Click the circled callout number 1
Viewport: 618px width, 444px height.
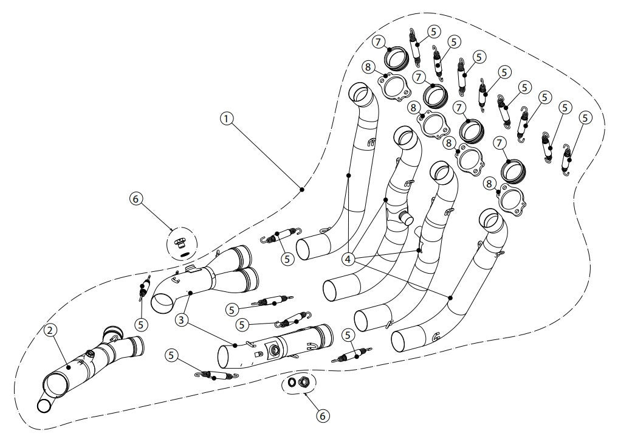227,119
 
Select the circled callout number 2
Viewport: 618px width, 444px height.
50,330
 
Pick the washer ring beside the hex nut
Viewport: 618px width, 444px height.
292,383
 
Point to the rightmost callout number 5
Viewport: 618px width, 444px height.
585,118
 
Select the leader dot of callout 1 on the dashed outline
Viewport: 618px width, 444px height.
302,189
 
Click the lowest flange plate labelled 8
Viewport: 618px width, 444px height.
511,200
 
